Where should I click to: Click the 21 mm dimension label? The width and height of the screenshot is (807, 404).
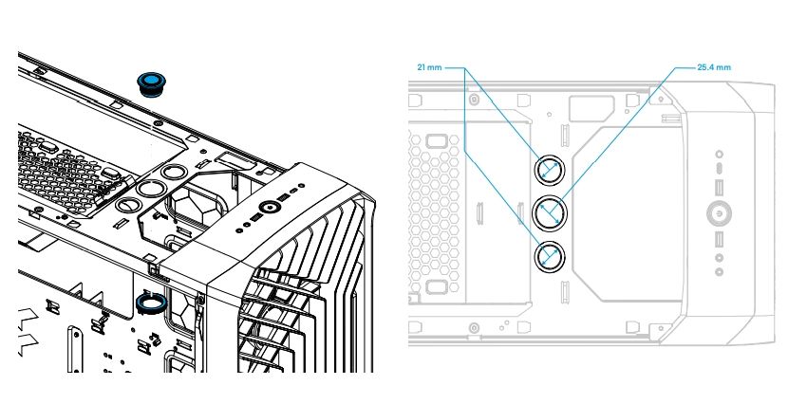point(429,67)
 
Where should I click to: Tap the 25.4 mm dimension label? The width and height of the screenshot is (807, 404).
point(714,67)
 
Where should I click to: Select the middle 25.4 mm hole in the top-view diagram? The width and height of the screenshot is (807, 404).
point(550,212)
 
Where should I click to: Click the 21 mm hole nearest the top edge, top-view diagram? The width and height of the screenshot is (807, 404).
point(550,170)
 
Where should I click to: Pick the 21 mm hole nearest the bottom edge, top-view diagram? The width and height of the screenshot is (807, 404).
point(550,256)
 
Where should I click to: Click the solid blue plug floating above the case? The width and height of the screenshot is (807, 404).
point(151,83)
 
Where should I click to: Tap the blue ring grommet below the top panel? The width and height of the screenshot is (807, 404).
point(149,302)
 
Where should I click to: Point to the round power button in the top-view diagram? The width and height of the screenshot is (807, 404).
point(719,212)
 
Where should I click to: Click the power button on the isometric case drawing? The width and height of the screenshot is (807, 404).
point(269,207)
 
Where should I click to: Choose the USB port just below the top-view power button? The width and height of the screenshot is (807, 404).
point(719,239)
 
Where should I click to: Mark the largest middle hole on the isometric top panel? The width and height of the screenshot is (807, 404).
point(150,188)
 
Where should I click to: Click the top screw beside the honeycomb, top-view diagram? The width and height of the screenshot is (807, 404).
point(474,99)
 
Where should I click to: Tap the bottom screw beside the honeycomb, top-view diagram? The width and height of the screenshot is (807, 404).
point(474,327)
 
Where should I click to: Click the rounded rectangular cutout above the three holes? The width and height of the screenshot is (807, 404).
point(591,108)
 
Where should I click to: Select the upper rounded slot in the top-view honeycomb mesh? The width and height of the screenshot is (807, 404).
point(436,140)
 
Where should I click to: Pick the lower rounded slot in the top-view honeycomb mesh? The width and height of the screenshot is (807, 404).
point(436,286)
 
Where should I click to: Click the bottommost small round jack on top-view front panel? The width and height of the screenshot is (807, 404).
point(719,272)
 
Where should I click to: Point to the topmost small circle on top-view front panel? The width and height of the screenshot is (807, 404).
point(719,155)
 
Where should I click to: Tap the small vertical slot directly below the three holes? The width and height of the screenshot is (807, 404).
point(565,292)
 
